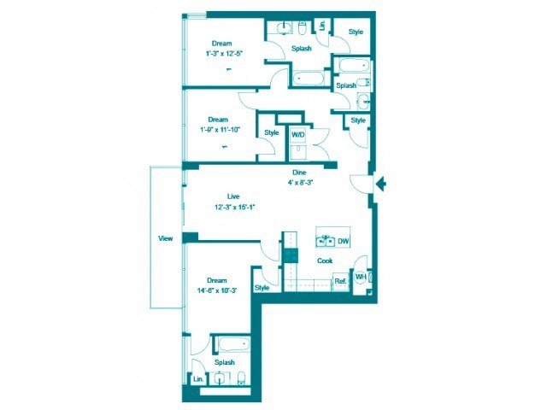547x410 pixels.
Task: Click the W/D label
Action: [297, 135]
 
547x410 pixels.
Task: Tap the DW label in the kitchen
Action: [343, 242]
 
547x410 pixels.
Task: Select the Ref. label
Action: [339, 281]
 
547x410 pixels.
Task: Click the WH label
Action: [361, 277]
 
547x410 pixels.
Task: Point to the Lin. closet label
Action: [198, 378]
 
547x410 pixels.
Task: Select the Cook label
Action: [325, 261]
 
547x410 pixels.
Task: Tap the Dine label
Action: [299, 172]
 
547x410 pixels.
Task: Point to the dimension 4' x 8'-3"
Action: [299, 181]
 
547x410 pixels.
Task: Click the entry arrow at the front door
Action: [382, 183]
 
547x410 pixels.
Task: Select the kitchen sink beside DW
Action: [325, 241]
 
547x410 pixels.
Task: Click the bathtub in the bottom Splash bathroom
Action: [232, 346]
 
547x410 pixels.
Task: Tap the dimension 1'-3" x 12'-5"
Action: [223, 53]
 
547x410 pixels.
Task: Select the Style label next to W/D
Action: [272, 132]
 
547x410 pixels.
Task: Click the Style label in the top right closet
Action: [356, 32]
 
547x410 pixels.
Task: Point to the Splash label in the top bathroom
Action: [301, 49]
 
